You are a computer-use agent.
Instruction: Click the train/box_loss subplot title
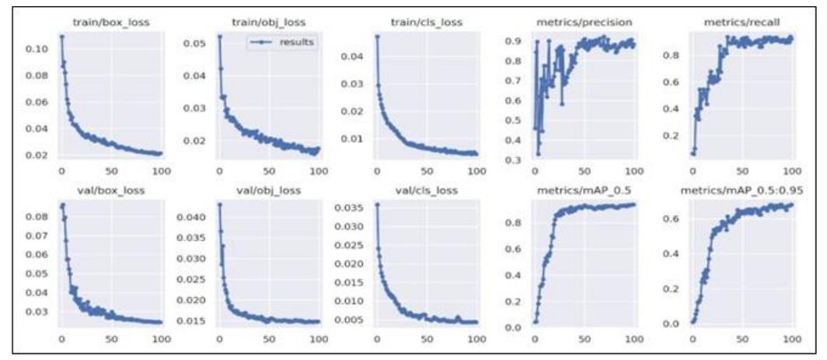click(111, 23)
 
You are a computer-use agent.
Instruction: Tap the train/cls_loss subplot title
click(426, 23)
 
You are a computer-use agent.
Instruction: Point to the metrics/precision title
click(584, 23)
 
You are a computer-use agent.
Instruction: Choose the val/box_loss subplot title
click(111, 190)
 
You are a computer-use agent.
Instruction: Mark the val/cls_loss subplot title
click(426, 190)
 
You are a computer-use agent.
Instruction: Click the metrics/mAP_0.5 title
click(584, 190)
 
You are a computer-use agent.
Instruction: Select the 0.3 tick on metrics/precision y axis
click(516, 160)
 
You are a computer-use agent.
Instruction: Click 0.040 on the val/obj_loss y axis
click(196, 218)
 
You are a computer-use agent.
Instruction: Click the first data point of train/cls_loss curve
click(377, 36)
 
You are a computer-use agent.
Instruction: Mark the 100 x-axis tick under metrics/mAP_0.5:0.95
click(791, 340)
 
